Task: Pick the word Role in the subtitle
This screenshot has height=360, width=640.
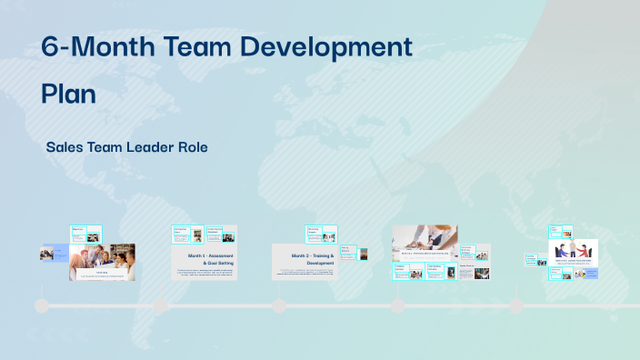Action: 194,146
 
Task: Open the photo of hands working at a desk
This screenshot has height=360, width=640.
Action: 425,238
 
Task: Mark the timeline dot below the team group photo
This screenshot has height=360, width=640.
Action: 42,306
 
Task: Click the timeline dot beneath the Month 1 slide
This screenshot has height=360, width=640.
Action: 160,306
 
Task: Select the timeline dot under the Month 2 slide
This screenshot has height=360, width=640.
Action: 278,306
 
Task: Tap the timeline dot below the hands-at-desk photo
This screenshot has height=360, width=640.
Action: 397,306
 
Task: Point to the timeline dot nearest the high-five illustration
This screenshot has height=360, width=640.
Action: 516,306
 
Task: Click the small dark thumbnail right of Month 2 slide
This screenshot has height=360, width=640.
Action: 364,255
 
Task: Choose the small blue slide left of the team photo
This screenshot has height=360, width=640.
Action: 47,255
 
